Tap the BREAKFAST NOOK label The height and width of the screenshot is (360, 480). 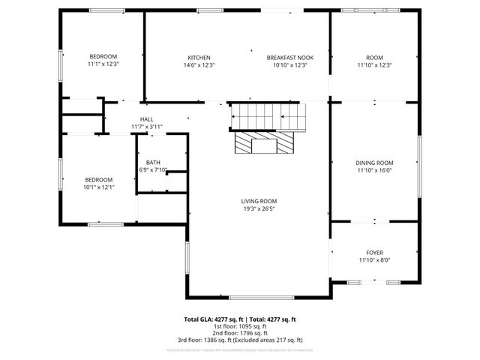tap(290, 58)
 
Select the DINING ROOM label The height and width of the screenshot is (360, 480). tap(374, 163)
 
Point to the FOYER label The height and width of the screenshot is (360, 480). tap(374, 253)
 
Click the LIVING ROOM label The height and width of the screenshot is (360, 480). tap(259, 201)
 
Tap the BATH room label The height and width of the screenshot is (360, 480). tap(153, 163)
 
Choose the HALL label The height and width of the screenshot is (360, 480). tap(146, 119)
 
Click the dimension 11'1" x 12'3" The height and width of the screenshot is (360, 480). tap(103, 64)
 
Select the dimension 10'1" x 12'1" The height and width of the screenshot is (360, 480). tap(99, 187)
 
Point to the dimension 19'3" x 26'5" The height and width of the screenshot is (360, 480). tap(259, 208)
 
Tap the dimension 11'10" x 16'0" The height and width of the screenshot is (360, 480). tap(374, 170)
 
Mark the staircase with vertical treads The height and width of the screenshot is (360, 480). tap(268, 117)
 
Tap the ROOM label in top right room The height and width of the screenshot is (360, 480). tap(374, 58)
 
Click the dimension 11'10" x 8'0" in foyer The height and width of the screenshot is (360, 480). tap(374, 260)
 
